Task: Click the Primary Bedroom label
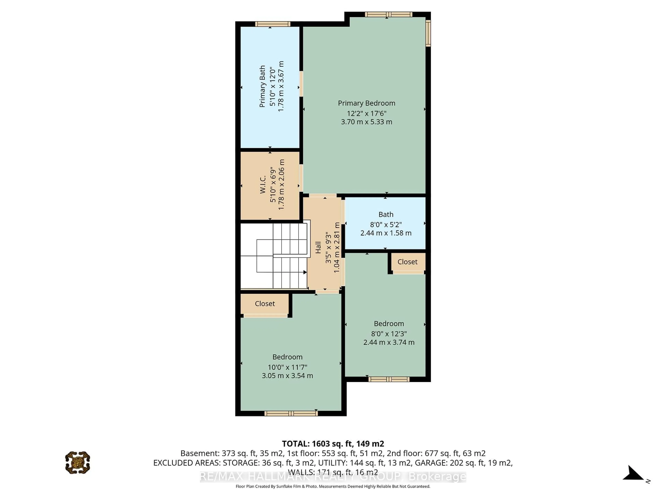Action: coord(366,103)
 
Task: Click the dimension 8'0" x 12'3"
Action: coord(389,334)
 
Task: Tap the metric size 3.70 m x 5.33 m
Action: coord(366,122)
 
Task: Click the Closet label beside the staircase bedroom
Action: coord(265,303)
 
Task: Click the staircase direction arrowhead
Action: coord(305,272)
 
